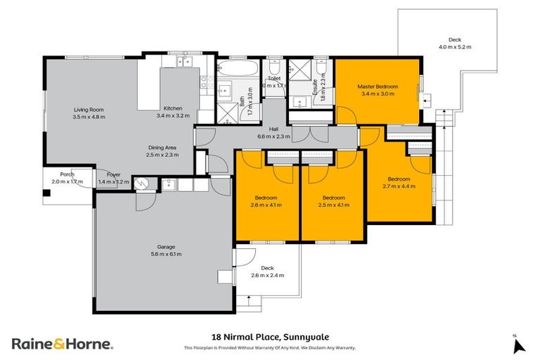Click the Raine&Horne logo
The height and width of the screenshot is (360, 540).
pos(61,344)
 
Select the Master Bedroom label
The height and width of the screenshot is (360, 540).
pos(378,86)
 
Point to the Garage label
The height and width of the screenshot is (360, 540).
pos(166,247)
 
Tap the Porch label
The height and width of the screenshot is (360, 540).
pos(67,174)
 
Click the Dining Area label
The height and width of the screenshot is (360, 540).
pos(162,147)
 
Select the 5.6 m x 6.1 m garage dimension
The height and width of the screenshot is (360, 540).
pos(166,254)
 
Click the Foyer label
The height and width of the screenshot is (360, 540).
pos(113,174)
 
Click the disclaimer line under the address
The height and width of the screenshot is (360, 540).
pos(270,347)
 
